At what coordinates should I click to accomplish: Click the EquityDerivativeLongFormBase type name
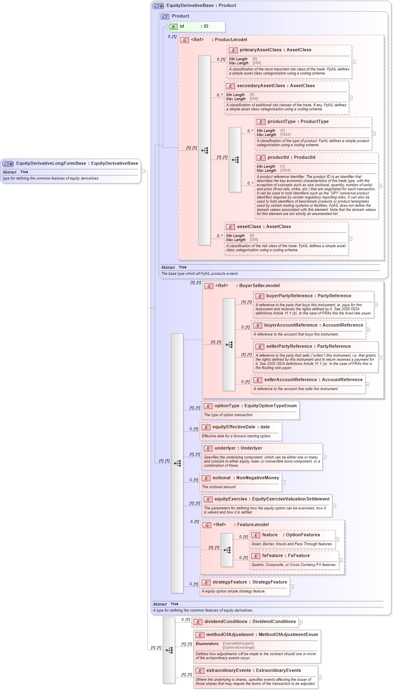pos(51,163)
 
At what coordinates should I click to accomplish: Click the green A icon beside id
pos(173,26)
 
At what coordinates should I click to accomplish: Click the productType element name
pos(281,121)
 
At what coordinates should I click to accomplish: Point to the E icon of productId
pos(261,158)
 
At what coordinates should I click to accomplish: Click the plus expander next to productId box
pos(380,186)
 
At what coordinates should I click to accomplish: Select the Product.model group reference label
pos(231,39)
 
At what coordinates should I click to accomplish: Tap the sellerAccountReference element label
pos(291,380)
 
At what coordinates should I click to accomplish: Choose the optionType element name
pos(227,406)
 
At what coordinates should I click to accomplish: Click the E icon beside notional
pos(206,478)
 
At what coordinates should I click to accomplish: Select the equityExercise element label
pos(231,499)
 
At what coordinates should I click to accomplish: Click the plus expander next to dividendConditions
pos(300,622)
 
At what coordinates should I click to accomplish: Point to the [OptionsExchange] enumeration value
pos(238,647)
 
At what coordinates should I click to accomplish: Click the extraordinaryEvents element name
pos(228,670)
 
